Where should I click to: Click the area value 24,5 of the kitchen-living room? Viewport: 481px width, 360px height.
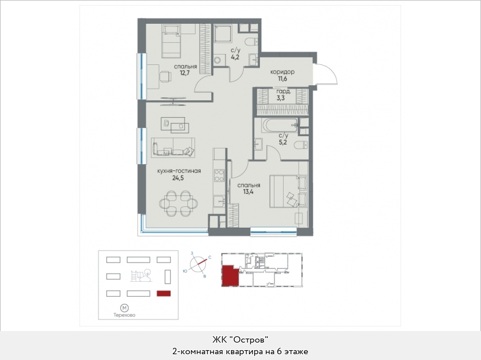[178, 178]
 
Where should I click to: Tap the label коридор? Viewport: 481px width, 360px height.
[282, 72]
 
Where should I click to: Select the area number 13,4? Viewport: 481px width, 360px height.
[248, 192]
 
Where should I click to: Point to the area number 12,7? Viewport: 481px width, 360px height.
[185, 73]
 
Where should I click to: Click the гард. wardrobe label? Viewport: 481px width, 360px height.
[284, 92]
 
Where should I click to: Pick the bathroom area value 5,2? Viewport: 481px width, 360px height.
[283, 142]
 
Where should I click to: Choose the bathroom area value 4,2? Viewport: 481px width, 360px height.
[235, 57]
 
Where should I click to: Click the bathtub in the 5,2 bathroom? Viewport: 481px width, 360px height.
[280, 125]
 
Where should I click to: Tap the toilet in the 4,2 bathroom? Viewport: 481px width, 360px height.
[252, 41]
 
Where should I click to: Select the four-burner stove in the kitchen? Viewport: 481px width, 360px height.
[219, 176]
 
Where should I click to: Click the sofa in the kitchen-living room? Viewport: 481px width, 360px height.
[173, 147]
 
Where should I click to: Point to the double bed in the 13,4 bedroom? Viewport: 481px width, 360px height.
[288, 191]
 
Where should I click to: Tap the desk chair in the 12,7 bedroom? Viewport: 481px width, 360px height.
[166, 76]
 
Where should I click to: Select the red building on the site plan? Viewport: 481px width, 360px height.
[164, 293]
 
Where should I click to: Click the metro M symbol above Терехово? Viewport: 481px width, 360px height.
[124, 308]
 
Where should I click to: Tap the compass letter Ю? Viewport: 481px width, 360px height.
[185, 271]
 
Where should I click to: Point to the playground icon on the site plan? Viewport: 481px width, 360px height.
[141, 275]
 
